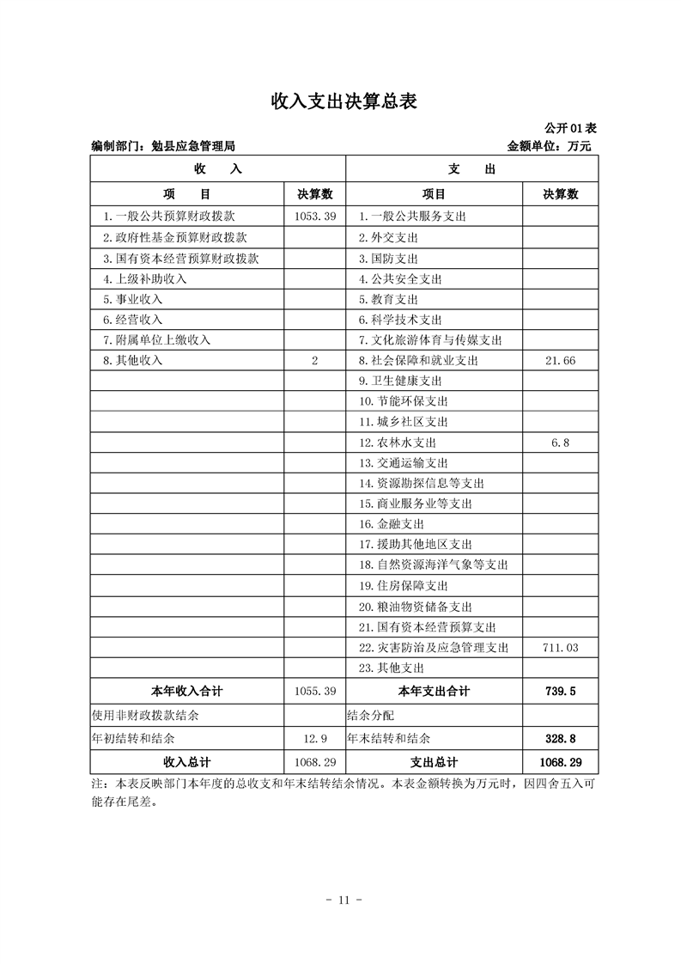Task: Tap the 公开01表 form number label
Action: [571, 128]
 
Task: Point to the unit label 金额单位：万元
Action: [550, 146]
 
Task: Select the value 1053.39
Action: [314, 217]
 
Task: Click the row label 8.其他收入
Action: [133, 361]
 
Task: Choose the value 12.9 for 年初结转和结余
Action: [315, 738]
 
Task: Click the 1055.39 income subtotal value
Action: [314, 691]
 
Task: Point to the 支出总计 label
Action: [434, 762]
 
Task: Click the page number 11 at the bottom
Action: [340, 900]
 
